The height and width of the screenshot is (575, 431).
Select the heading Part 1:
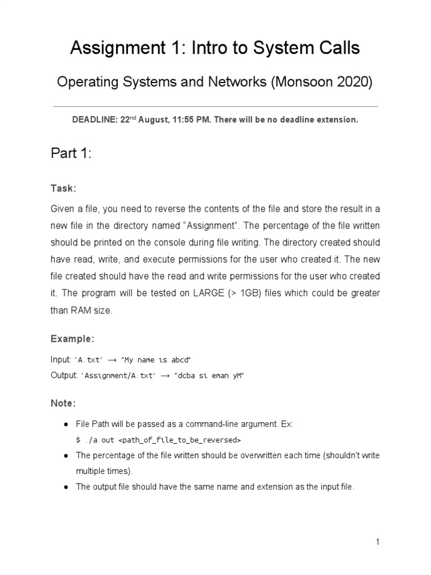coord(71,154)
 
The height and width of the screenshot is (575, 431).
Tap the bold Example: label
coord(72,339)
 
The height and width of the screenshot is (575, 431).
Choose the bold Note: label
coord(63,404)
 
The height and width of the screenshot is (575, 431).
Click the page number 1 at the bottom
coord(378,542)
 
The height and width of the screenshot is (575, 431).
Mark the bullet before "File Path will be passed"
coord(66,425)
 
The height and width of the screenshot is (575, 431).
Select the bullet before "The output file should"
coord(66,487)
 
